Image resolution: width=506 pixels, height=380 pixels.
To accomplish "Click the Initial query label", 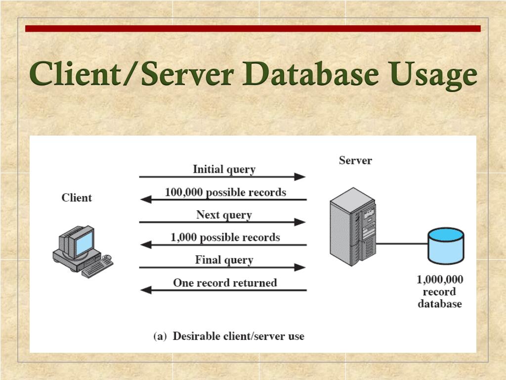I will [x=224, y=169].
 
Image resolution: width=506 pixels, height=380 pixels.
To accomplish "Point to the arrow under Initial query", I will [x=222, y=177].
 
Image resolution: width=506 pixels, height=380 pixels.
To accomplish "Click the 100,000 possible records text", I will [x=225, y=192].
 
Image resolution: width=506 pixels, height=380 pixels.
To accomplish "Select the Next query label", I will [x=224, y=215].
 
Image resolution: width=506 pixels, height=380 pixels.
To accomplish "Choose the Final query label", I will [x=224, y=260].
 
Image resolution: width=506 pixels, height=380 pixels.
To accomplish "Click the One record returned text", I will [x=225, y=283].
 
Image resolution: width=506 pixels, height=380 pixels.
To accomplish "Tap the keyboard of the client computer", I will [x=97, y=267].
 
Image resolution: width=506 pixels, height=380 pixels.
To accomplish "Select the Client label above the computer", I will [x=77, y=198].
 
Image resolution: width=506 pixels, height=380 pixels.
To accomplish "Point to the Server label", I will [x=355, y=160].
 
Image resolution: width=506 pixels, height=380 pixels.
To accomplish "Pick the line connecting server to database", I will [x=402, y=243].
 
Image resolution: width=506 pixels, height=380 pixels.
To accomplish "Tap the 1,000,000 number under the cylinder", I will [x=440, y=280].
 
